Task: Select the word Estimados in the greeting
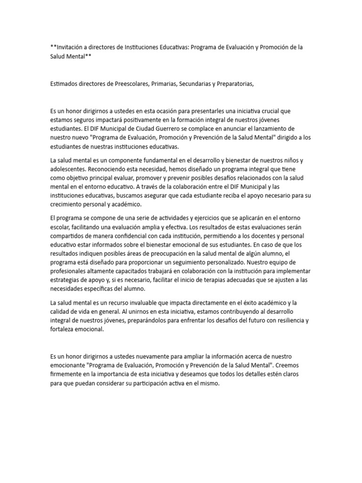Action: (x=66, y=84)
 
